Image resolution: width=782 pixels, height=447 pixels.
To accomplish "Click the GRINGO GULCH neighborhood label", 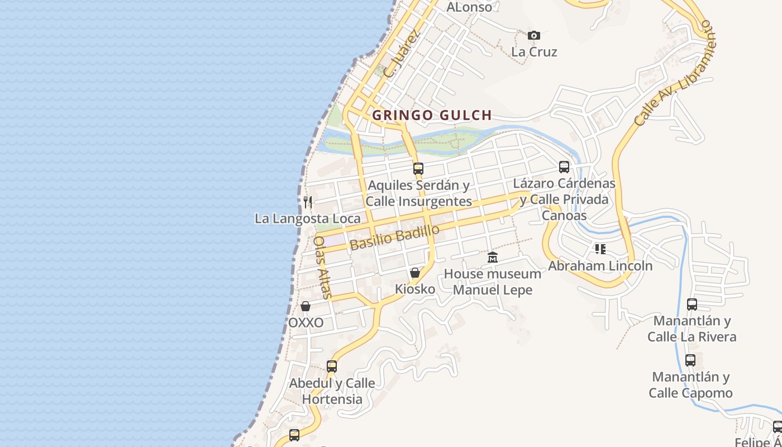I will coord(432,115).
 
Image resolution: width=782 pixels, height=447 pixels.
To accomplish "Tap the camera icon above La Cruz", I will coord(534,36).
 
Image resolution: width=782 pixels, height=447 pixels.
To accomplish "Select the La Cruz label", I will coord(534,52).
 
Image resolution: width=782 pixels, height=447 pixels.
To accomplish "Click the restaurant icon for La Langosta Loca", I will coord(308,202).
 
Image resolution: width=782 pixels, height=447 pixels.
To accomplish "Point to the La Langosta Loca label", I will coord(308,218).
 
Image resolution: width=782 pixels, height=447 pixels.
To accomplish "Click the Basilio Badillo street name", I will coord(394,237).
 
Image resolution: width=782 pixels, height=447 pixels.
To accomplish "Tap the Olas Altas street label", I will coord(322,267).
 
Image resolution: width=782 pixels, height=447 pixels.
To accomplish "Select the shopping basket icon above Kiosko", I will coord(415,273).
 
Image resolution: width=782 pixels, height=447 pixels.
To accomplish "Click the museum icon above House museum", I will coord(493,258).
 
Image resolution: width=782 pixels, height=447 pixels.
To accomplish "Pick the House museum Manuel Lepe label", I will coord(492,282).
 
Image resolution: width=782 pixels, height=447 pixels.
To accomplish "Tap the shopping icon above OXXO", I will coord(306,306).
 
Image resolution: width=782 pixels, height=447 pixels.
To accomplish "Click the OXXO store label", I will coord(306,323).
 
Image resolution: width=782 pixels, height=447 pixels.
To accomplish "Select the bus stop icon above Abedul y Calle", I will coord(332,367).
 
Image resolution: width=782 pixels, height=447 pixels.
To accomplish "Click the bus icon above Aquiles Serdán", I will coord(418,168).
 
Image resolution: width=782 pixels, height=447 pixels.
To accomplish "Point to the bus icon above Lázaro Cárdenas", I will coord(564,167).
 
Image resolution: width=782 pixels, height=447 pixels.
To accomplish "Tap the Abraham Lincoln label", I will coord(600,265).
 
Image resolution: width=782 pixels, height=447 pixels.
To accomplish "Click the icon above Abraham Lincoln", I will coord(600,249).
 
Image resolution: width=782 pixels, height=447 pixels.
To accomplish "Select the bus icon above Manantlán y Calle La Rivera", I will coord(692,305).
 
